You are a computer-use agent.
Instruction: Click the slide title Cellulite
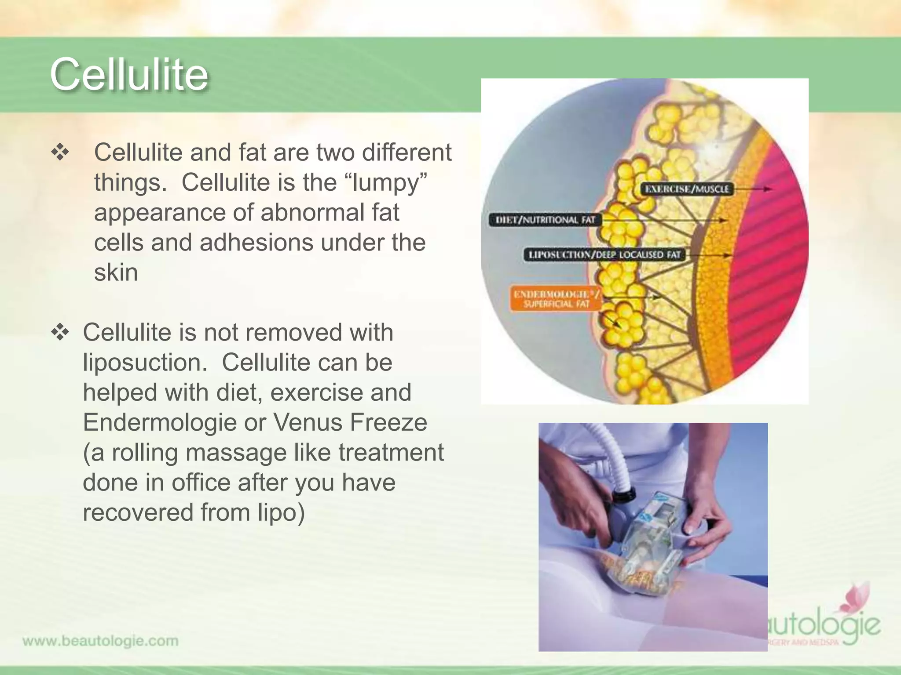[129, 74]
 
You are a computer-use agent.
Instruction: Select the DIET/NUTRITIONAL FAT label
[545, 220]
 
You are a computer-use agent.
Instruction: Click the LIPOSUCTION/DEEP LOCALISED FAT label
[604, 254]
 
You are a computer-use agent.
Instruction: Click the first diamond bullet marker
[60, 153]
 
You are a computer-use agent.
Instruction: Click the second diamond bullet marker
[60, 333]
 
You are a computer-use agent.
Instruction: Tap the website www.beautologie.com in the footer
[100, 641]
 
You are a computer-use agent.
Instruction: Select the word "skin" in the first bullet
[116, 272]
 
